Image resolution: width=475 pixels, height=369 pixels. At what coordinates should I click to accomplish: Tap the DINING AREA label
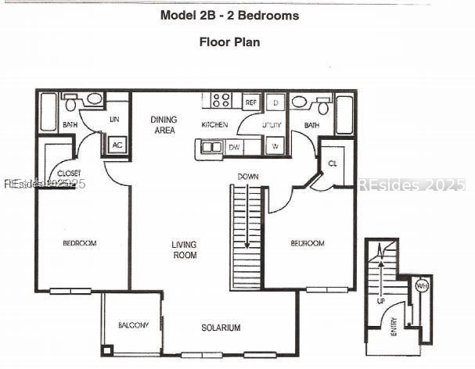(164, 124)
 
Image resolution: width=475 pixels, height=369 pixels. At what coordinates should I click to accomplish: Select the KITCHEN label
(214, 125)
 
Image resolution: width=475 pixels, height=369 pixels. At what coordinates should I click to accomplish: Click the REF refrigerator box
(250, 102)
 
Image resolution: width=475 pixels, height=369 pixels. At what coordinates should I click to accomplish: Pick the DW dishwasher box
(235, 146)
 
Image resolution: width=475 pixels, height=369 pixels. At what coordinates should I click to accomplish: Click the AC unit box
(117, 145)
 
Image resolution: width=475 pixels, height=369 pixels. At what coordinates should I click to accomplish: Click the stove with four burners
(221, 100)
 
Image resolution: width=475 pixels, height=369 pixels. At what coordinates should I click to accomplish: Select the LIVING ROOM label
(185, 249)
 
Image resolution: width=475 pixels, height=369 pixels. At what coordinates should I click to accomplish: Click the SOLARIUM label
(220, 328)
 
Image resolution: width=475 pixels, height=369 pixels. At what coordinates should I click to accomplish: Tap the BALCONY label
(133, 325)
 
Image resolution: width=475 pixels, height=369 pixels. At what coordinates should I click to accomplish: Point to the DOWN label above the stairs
(248, 177)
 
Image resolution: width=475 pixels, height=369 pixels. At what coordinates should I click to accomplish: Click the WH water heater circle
(423, 286)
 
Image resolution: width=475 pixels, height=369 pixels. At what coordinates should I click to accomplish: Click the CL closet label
(332, 163)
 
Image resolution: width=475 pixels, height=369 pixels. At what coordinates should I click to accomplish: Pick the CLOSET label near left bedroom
(70, 173)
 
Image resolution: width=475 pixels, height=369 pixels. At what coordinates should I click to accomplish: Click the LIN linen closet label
(114, 120)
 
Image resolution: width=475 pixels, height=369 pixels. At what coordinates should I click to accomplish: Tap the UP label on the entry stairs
(381, 300)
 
